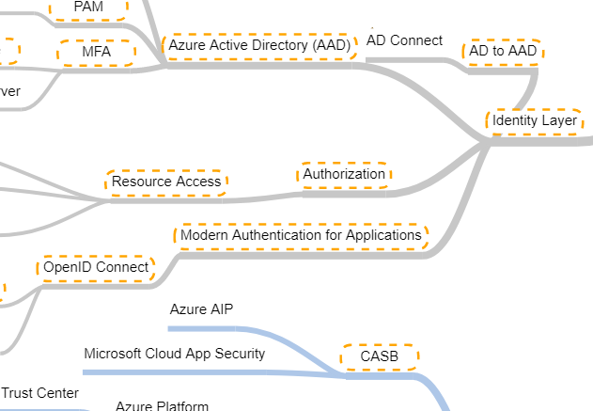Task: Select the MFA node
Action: [96, 52]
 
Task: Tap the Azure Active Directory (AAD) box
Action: [258, 45]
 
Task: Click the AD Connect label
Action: [404, 40]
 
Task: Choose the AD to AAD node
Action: [502, 52]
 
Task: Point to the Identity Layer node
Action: [534, 120]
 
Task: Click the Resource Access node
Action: [166, 182]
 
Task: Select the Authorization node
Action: [344, 174]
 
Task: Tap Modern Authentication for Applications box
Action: [301, 234]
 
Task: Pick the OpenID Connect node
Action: [96, 267]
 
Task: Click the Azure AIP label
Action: [201, 309]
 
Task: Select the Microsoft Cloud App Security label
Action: [174, 354]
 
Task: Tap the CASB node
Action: [380, 357]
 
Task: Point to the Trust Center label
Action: [40, 393]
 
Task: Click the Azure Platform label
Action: [162, 406]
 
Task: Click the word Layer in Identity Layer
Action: [558, 120]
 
